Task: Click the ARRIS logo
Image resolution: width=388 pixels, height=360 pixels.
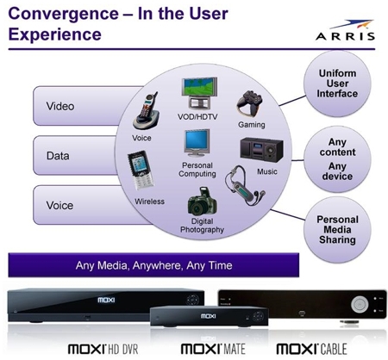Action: pos(346,30)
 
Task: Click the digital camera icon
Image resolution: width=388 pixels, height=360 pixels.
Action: pos(202,202)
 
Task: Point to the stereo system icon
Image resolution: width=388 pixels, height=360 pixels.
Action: pos(261,149)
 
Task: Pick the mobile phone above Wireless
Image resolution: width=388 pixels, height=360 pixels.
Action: pos(141,170)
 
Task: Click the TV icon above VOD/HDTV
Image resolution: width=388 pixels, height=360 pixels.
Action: pos(199,93)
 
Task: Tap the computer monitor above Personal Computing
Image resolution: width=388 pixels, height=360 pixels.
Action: pos(197,143)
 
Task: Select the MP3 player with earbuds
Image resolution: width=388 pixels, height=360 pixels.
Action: pos(245,185)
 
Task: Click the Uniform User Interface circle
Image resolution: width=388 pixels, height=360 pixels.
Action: pos(337,84)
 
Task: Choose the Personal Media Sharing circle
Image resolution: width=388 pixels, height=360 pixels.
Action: pos(337,230)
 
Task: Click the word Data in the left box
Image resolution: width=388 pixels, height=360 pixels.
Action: pos(58,156)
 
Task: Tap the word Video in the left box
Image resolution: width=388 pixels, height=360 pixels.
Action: pos(60,106)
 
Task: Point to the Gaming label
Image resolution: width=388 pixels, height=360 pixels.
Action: pos(252,125)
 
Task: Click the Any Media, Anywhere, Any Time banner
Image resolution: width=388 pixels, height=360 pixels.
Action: pos(153,265)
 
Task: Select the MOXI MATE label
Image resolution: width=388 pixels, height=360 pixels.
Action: pos(213,349)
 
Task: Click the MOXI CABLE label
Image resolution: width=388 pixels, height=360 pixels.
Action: pos(311,349)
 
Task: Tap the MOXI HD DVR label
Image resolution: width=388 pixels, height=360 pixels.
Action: pos(103,349)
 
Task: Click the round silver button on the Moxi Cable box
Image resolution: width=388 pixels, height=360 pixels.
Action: pos(360,304)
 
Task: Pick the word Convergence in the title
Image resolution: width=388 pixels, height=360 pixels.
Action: pos(63,14)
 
